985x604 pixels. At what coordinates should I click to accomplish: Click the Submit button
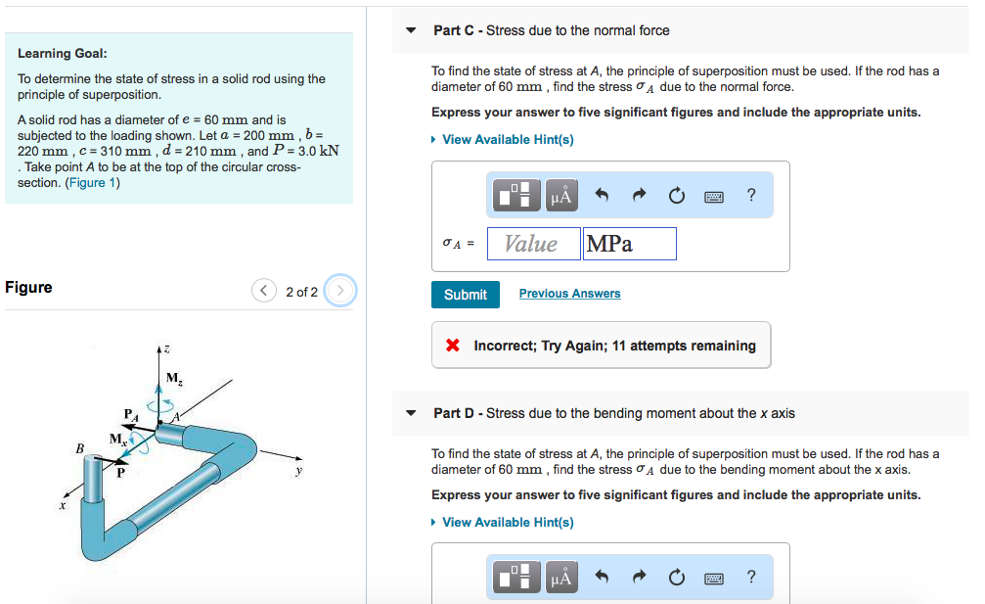pos(465,295)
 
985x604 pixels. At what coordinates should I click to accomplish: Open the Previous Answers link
pos(569,294)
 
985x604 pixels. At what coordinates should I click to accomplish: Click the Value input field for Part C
pos(531,244)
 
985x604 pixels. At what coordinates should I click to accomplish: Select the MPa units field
pos(629,244)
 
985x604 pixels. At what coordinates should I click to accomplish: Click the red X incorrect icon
pos(453,346)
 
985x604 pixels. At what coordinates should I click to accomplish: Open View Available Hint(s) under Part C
pos(507,140)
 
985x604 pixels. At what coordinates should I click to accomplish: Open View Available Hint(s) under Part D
pos(507,523)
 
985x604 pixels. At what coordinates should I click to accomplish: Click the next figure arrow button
pos(339,292)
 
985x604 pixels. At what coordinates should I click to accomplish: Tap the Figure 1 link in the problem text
pos(92,183)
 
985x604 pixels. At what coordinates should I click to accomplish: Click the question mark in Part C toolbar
pos(750,196)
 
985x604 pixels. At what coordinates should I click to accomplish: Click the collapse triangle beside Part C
pos(412,30)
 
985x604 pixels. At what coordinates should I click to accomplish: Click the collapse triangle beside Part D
pos(412,413)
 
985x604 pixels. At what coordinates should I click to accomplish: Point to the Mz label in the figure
pos(173,378)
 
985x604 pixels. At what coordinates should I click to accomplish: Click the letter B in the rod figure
pos(80,448)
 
